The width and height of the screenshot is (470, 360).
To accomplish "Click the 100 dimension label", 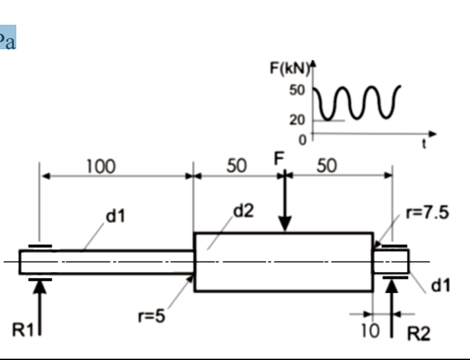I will click(101, 166).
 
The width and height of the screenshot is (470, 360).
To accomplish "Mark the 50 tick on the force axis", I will click(297, 89).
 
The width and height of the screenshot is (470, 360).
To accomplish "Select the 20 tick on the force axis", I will click(297, 120).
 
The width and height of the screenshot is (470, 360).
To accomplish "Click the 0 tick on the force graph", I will click(302, 139).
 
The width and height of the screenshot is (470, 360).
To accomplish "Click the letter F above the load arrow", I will click(279, 158).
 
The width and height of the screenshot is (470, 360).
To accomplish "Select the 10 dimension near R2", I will click(370, 331).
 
